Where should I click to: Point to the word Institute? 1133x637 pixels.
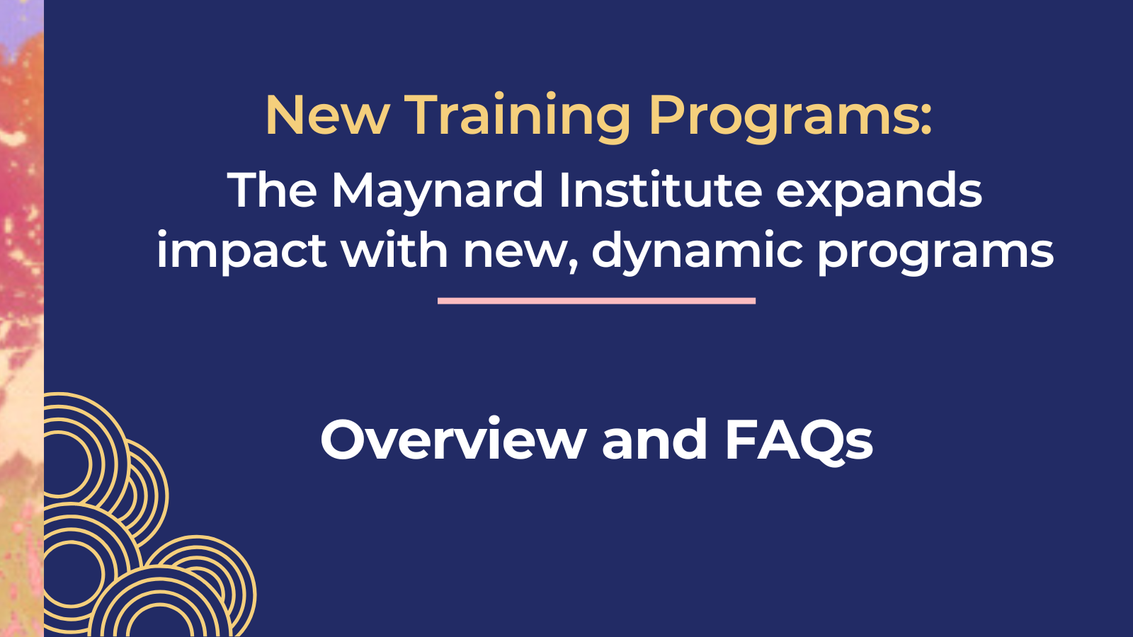(x=661, y=190)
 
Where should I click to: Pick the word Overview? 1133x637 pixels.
(x=453, y=440)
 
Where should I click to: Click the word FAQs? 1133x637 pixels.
(x=799, y=440)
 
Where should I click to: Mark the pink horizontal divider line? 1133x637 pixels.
(x=596, y=301)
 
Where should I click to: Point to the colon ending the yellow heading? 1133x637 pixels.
(x=926, y=120)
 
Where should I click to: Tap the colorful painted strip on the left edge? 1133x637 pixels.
(x=22, y=318)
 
